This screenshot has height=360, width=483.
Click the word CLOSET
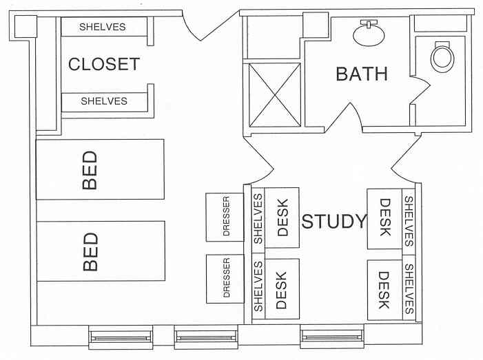[104, 64]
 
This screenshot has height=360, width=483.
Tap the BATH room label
[362, 74]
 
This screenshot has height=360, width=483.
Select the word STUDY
[334, 221]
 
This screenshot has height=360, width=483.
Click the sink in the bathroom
[369, 33]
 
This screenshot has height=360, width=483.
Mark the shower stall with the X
[274, 95]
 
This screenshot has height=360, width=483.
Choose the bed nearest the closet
[100, 169]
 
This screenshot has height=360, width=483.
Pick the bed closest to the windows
[101, 251]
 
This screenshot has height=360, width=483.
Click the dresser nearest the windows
[225, 279]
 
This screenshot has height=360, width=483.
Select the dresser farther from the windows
[225, 217]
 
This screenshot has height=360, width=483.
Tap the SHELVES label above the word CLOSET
[103, 27]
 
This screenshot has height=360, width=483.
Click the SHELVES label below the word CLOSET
[104, 101]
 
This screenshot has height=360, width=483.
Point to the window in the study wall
[332, 337]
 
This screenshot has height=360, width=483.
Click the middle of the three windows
[206, 337]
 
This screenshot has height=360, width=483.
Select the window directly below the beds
[121, 337]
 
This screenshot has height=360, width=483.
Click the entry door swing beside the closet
[210, 26]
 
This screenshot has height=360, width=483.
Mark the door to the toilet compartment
[420, 90]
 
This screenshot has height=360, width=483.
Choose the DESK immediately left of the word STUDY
[282, 218]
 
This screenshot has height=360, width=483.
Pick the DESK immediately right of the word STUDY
[384, 219]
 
